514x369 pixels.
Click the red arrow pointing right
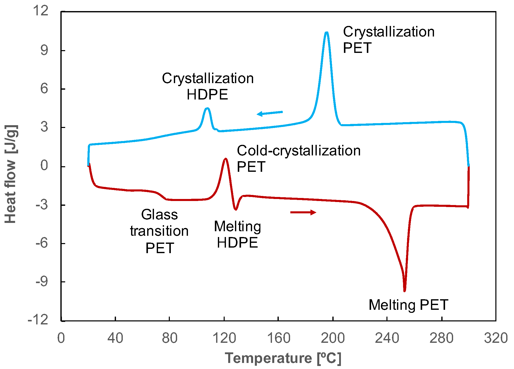point(303,212)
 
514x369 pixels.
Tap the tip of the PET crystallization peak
point(326,32)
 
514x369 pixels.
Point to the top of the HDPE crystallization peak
point(207,108)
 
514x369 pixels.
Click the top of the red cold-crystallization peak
point(225,159)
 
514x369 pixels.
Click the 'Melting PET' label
point(408,305)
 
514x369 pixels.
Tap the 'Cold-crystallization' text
point(299,151)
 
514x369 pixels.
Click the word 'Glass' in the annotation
point(159,215)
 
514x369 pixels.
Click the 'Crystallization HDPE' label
point(208,86)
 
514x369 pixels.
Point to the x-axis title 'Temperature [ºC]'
point(283,358)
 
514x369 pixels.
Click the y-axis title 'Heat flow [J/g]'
point(11,174)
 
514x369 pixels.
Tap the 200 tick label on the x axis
point(332,338)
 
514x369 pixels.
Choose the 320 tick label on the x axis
point(496,338)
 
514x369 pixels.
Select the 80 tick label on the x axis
point(169,338)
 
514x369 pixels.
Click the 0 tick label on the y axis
point(44,165)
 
